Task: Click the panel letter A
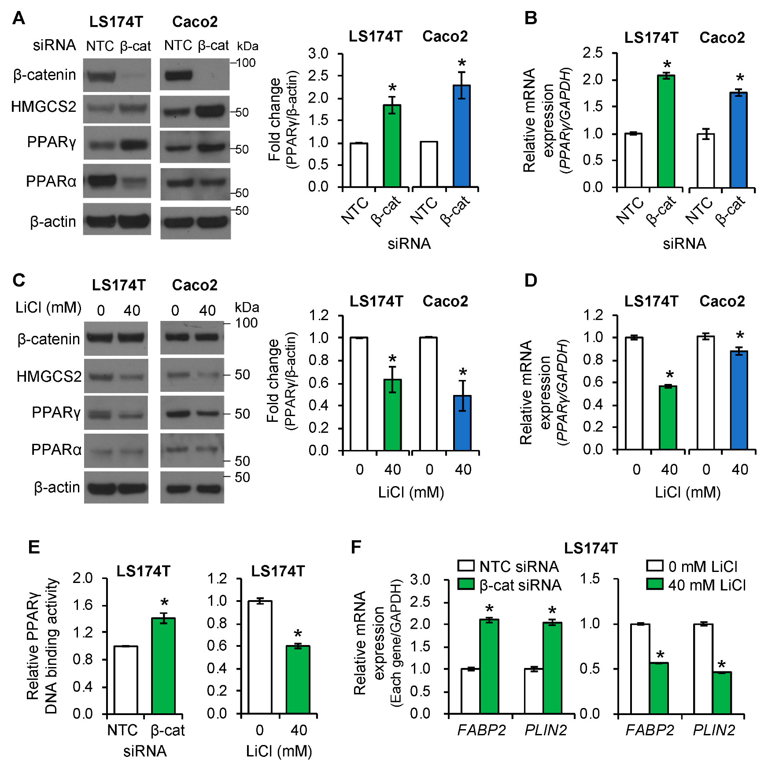[x=18, y=18]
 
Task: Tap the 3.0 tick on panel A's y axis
[x=318, y=54]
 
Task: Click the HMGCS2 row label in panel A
[x=44, y=107]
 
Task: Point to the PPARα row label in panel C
[x=56, y=450]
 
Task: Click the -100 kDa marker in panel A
[x=244, y=63]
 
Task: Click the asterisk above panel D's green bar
[x=670, y=375]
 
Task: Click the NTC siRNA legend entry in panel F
[x=509, y=566]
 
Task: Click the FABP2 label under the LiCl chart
[x=650, y=730]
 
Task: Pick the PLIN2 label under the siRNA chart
[x=546, y=730]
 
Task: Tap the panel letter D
[x=531, y=280]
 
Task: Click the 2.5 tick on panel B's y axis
[x=593, y=53]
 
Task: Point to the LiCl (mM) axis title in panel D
[x=687, y=492]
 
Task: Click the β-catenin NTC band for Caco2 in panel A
[x=178, y=75]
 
